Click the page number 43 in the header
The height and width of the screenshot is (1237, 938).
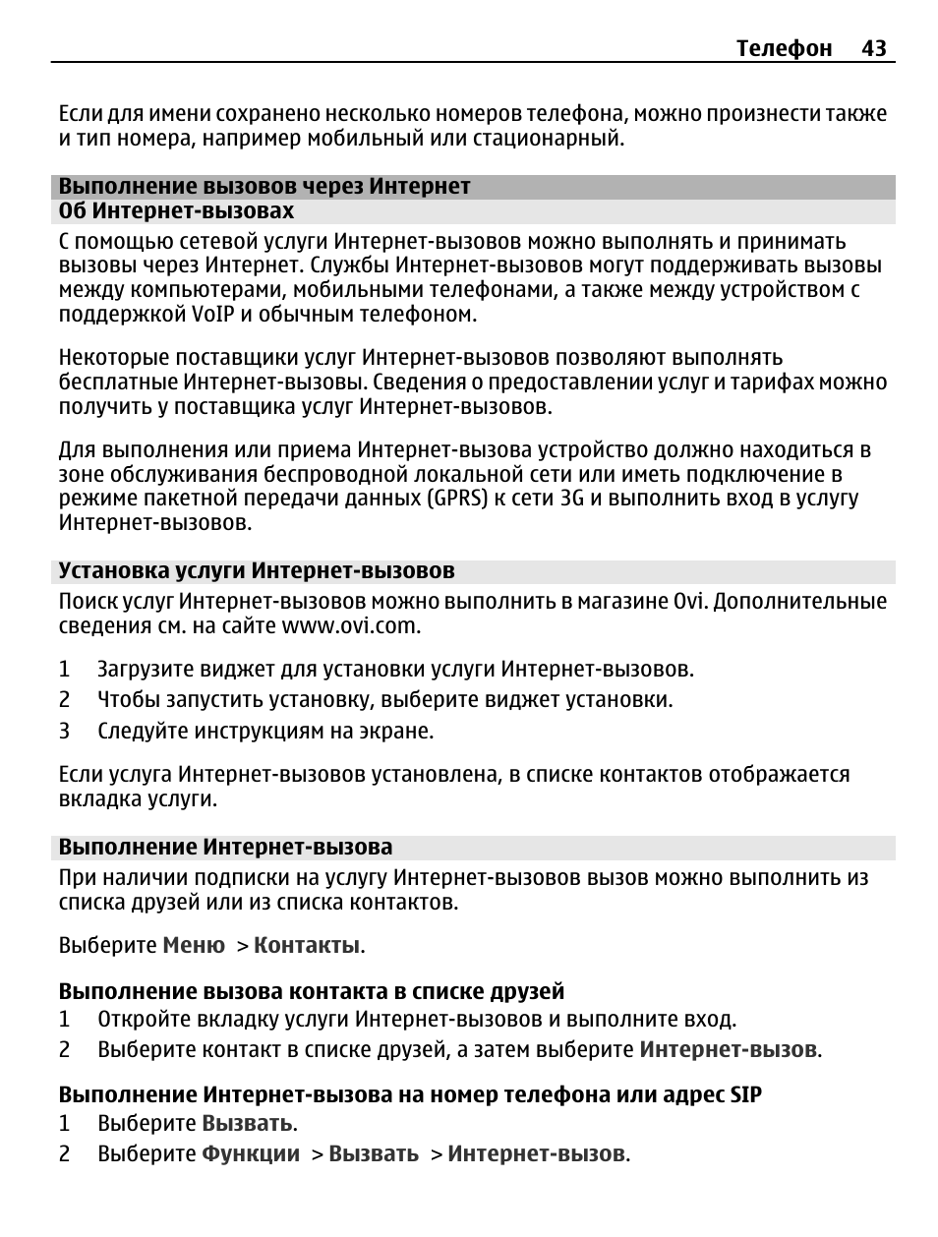[x=874, y=48]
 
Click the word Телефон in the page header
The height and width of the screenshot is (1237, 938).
[x=785, y=48]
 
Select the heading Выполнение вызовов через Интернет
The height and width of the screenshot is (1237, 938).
[x=264, y=186]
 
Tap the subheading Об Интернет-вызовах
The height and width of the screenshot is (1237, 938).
[x=176, y=211]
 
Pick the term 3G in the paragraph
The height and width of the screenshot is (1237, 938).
[x=572, y=499]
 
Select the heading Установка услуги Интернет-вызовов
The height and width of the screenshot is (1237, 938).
[x=257, y=571]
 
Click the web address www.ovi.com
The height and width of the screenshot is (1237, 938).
[x=351, y=626]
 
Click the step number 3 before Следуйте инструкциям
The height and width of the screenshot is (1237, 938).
[x=64, y=732]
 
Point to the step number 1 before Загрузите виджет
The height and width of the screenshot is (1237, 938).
[x=64, y=670]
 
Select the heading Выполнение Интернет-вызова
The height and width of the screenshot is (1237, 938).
[x=225, y=848]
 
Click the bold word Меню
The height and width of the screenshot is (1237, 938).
[x=194, y=946]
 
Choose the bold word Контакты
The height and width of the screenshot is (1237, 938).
[x=307, y=946]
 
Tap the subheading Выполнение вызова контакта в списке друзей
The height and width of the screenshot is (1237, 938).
[x=312, y=991]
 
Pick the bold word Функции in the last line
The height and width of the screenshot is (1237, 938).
[x=251, y=1154]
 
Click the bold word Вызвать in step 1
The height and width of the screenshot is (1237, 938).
[x=247, y=1124]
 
